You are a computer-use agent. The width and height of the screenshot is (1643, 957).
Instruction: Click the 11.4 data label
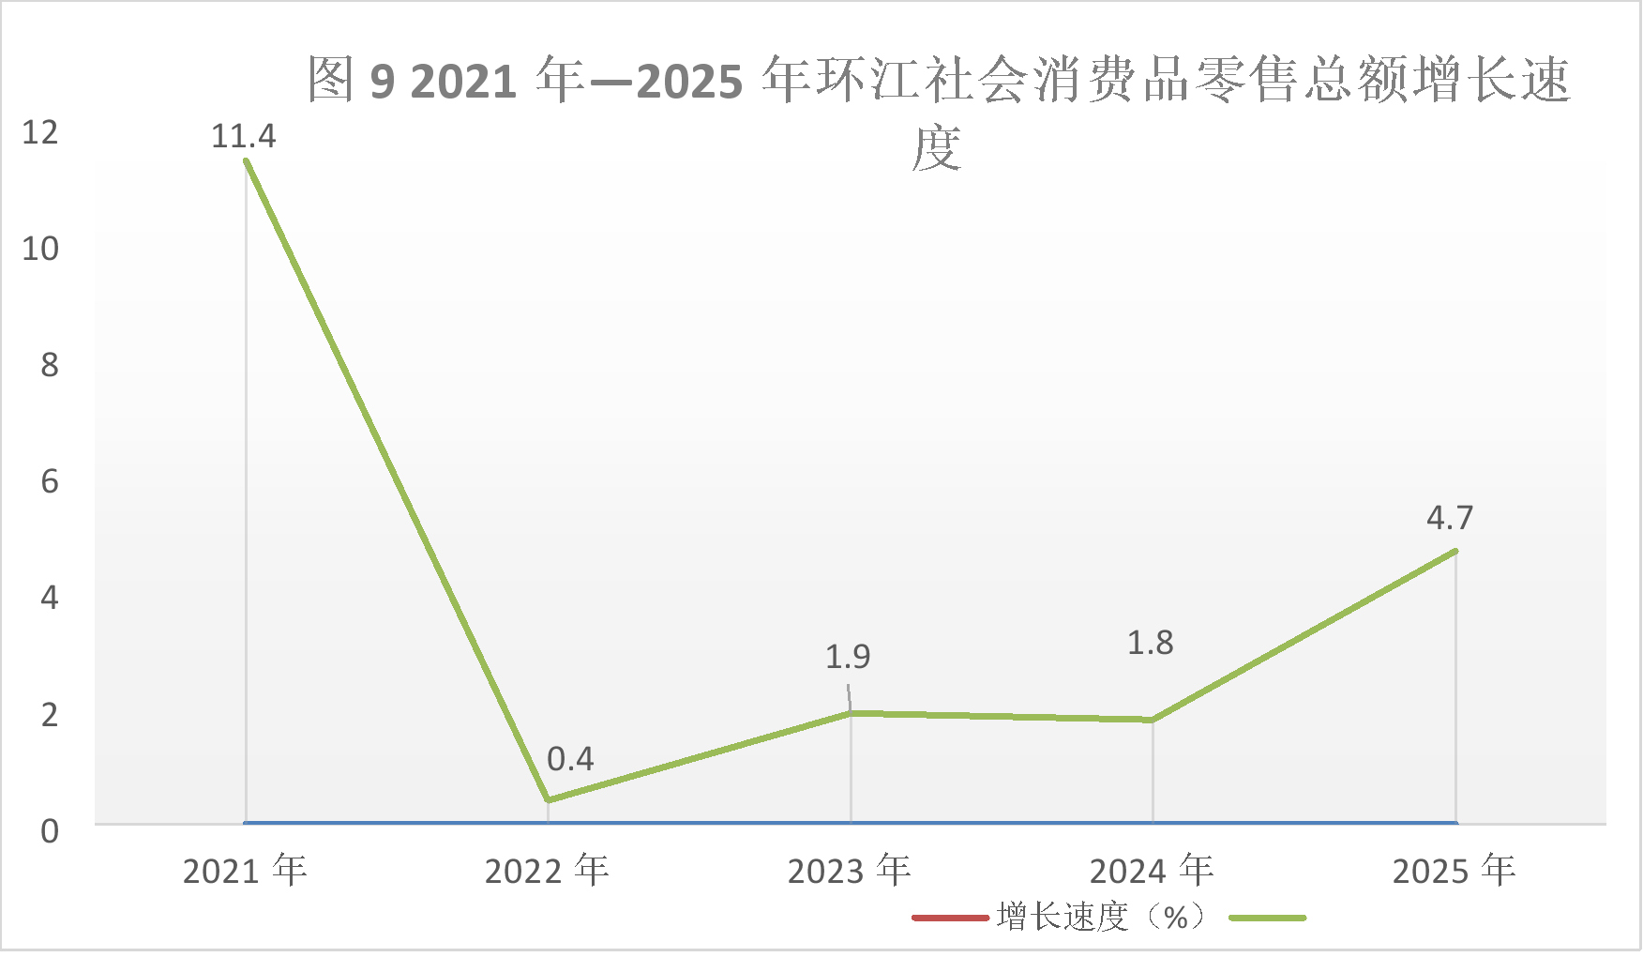pyautogui.click(x=244, y=137)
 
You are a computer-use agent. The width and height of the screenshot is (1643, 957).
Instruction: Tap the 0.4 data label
pyautogui.click(x=570, y=759)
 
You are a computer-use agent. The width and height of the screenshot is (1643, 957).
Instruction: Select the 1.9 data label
pyautogui.click(x=848, y=657)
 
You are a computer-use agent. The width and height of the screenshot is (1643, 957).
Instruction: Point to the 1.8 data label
pyautogui.click(x=1150, y=644)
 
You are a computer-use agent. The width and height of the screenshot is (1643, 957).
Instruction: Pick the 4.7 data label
pyautogui.click(x=1450, y=518)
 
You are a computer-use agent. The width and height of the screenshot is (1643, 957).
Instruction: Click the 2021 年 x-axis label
pyautogui.click(x=245, y=871)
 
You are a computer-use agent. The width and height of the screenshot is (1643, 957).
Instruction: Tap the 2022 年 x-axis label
pyautogui.click(x=547, y=871)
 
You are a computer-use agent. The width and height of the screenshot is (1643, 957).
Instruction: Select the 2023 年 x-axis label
pyautogui.click(x=850, y=871)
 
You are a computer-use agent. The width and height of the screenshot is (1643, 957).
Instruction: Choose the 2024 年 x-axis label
pyautogui.click(x=1152, y=871)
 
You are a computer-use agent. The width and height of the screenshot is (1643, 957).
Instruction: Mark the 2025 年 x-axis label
pyautogui.click(x=1455, y=871)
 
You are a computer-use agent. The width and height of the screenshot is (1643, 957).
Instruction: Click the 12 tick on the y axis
pyautogui.click(x=40, y=132)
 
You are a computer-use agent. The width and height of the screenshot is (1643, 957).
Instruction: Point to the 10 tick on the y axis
pyautogui.click(x=40, y=249)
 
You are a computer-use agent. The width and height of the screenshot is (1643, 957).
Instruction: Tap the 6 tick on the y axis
pyautogui.click(x=50, y=482)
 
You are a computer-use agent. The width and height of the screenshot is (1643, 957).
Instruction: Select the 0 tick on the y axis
pyautogui.click(x=50, y=831)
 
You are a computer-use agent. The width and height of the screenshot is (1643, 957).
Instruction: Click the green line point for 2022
pyautogui.click(x=549, y=800)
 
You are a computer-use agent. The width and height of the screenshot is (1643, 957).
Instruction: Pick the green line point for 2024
pyautogui.click(x=1153, y=720)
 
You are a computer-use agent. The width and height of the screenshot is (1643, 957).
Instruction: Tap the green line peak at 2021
pyautogui.click(x=247, y=160)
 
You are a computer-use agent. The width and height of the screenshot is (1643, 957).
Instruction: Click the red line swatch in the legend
pyautogui.click(x=951, y=918)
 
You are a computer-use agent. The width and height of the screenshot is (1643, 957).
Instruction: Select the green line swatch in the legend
pyautogui.click(x=1267, y=918)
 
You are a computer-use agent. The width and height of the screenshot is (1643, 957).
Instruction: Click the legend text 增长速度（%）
pyautogui.click(x=1103, y=917)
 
